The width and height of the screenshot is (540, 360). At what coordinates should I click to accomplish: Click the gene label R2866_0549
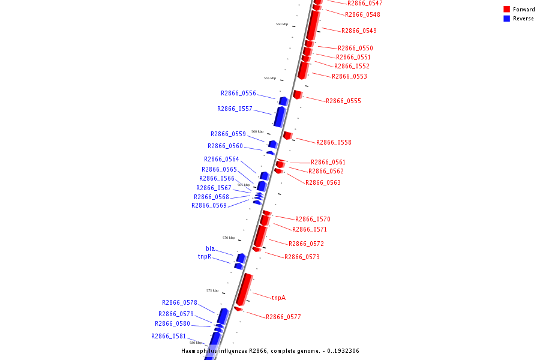click(x=359, y=31)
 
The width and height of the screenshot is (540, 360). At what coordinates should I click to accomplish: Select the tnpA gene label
click(x=278, y=298)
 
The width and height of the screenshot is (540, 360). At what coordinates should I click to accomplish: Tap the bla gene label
click(x=210, y=248)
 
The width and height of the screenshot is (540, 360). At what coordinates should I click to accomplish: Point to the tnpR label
click(x=205, y=256)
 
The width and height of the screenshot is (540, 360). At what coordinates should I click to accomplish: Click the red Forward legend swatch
click(x=507, y=9)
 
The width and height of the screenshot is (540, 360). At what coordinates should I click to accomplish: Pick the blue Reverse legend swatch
click(x=507, y=19)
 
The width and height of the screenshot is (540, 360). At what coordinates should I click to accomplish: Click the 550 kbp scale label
click(x=282, y=24)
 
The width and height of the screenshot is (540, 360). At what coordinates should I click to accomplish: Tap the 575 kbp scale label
click(x=212, y=290)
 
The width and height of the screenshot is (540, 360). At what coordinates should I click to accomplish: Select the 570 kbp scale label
click(x=229, y=238)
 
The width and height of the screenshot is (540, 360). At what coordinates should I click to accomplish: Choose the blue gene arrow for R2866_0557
click(x=280, y=116)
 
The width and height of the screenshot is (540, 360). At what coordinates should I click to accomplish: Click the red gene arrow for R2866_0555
click(x=297, y=95)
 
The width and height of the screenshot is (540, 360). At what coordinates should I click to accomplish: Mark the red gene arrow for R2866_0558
click(x=287, y=136)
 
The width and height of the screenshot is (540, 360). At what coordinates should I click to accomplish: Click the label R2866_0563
click(x=323, y=182)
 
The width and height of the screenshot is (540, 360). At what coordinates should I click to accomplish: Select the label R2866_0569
click(x=209, y=205)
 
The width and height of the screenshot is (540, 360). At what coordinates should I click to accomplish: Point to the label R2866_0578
click(x=179, y=302)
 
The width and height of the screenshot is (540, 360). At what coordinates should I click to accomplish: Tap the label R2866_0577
click(x=283, y=317)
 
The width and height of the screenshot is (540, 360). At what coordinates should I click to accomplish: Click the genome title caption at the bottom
click(x=270, y=350)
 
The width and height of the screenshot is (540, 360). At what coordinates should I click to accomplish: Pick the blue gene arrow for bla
click(x=241, y=257)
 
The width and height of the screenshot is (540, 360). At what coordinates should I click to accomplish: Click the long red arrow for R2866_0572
click(x=260, y=236)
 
